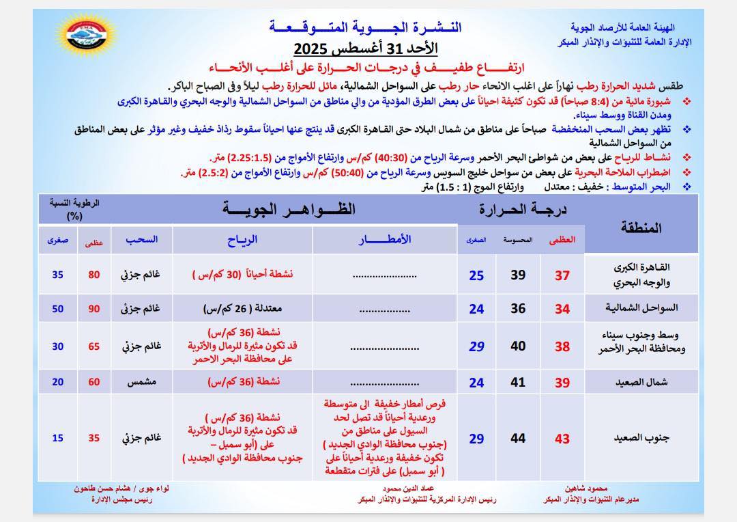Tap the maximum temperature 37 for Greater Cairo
tap(562, 275)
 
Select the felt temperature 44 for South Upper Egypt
tap(518, 438)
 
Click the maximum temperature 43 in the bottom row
tap(562, 439)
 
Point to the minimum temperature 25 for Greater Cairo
tap(476, 275)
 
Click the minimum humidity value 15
tap(58, 438)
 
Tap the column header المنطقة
tap(641, 228)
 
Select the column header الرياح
tap(242, 239)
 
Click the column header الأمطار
tap(386, 239)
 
